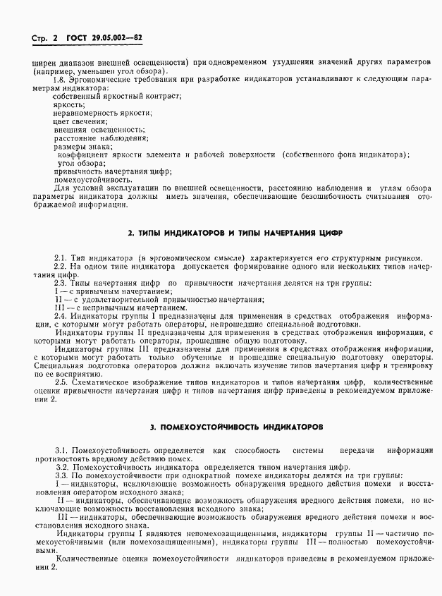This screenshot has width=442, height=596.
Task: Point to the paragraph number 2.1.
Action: coord(61,258)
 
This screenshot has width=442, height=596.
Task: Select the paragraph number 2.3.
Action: coord(61,284)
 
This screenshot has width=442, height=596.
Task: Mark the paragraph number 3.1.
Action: coord(61,451)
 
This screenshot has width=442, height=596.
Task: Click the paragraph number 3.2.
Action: coord(61,468)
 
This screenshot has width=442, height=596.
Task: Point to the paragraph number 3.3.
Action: coord(61,475)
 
